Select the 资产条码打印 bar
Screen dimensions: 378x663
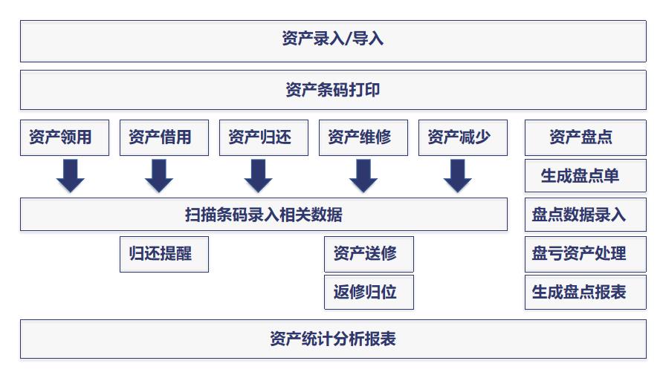(333, 90)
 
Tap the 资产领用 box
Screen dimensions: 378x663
(65, 137)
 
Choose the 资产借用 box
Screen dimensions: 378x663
(164, 137)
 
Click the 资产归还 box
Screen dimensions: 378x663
(264, 137)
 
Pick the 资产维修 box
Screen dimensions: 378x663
(363, 137)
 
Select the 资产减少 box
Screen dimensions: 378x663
(463, 137)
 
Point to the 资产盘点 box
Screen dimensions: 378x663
(586, 137)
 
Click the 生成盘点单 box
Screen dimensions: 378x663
(586, 176)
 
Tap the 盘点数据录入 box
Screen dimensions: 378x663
(586, 215)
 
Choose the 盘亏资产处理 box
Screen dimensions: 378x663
(586, 253)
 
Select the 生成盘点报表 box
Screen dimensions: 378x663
(586, 292)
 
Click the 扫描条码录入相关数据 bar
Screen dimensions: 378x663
(264, 215)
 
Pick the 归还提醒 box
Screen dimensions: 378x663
(164, 253)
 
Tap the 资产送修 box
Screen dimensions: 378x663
(369, 253)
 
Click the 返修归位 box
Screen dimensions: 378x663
(369, 292)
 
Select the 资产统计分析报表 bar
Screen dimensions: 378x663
(333, 339)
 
